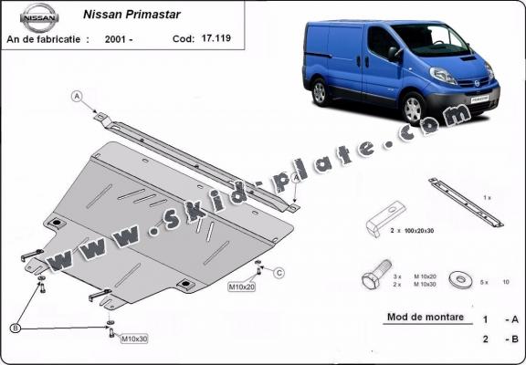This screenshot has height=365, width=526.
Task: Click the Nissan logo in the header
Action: (x=38, y=15)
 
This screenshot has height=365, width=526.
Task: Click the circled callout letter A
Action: (x=78, y=96)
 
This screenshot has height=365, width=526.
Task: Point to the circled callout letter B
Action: (x=15, y=328)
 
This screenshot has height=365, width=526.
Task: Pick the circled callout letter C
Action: (x=279, y=273)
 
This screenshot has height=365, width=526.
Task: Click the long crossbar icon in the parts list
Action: (x=466, y=203)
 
